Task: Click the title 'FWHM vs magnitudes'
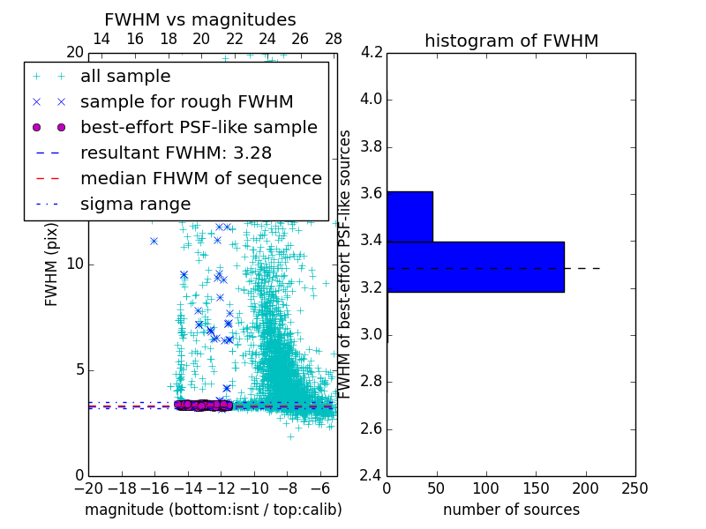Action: point(200,19)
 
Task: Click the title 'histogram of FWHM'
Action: point(511,41)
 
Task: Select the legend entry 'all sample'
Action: point(125,77)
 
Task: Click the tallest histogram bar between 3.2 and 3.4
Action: point(475,266)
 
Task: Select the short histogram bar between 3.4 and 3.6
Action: point(409,216)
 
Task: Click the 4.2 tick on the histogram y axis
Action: point(372,52)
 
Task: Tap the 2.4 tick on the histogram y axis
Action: point(372,476)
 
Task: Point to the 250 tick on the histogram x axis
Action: point(635,488)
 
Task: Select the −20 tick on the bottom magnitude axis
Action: point(88,488)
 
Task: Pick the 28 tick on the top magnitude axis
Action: point(333,39)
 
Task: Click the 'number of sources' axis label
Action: point(511,510)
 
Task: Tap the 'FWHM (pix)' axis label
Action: point(52,264)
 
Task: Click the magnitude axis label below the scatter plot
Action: point(213,510)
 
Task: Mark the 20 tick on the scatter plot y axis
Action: point(74,52)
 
